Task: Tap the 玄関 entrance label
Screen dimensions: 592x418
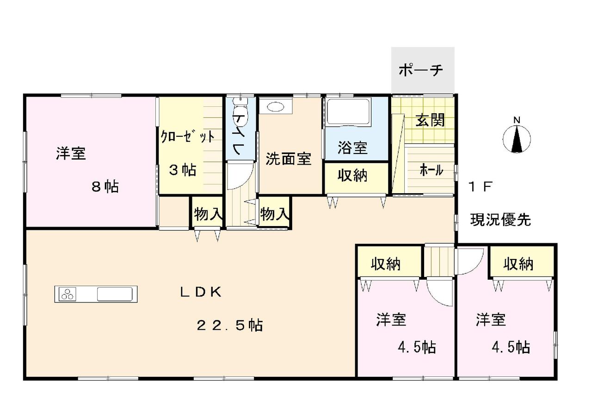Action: tap(430, 121)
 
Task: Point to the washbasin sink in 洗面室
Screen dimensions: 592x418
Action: tap(276, 106)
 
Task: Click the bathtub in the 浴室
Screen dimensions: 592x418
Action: tap(349, 111)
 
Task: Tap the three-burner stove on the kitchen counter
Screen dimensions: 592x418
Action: tap(68, 294)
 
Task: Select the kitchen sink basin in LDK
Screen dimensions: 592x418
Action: tap(115, 294)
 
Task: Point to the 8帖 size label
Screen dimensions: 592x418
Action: tap(105, 187)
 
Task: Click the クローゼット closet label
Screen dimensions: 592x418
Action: tap(188, 137)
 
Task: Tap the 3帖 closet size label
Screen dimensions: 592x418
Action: tap(183, 170)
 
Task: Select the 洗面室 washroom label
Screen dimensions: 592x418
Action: tap(289, 159)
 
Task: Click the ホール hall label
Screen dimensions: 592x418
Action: tap(432, 170)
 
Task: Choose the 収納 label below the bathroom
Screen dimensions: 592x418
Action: tap(352, 175)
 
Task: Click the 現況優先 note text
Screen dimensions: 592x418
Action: tap(500, 220)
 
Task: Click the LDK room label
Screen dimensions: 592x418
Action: tap(201, 292)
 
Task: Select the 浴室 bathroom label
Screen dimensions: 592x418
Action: tap(352, 148)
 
